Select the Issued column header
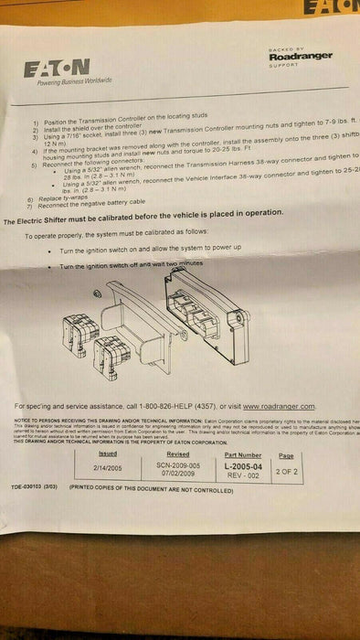(107, 453)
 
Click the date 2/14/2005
(108, 466)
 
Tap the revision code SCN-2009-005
(178, 464)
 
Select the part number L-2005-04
(242, 465)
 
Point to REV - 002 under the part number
(242, 474)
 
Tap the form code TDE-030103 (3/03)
(35, 487)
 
